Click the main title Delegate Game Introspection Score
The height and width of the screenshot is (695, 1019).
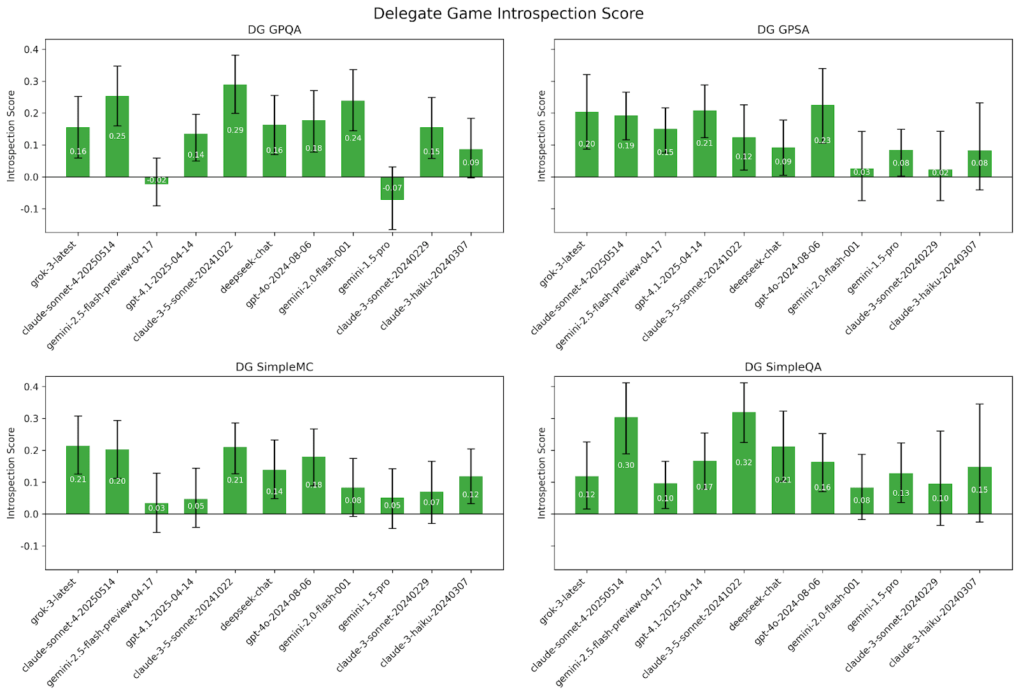(x=508, y=13)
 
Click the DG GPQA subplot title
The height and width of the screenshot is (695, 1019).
(x=274, y=30)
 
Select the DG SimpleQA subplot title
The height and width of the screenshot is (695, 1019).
(x=783, y=367)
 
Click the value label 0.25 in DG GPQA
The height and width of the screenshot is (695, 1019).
(x=117, y=136)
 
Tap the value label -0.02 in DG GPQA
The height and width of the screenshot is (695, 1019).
(x=157, y=181)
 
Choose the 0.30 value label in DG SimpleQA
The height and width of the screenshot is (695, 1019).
(x=626, y=465)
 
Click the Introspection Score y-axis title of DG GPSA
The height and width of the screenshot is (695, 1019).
(x=542, y=136)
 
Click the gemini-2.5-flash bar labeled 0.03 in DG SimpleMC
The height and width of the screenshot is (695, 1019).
(x=157, y=509)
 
